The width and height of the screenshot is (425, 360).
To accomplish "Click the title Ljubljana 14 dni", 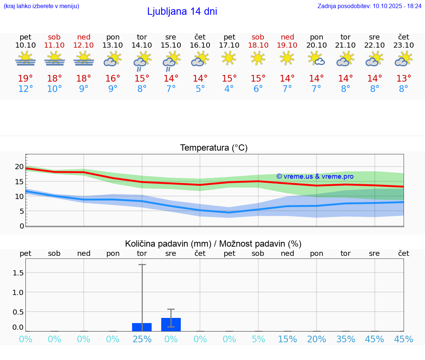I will [182, 11].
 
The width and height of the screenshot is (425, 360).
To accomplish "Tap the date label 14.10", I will [142, 45].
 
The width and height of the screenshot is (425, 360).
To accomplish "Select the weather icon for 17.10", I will [229, 58].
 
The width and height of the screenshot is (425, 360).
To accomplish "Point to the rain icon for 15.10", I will [171, 60].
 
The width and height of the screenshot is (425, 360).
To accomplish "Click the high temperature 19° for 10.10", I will [25, 79].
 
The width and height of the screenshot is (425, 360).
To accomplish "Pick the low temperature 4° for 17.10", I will [229, 89].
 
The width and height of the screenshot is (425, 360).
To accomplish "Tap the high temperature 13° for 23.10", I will [404, 79].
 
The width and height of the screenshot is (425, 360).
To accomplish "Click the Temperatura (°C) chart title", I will [214, 148].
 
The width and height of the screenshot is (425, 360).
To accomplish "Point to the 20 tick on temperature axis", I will [19, 167].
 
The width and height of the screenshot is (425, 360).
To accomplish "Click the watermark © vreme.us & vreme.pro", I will [315, 176].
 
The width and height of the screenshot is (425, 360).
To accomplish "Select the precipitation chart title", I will [213, 244].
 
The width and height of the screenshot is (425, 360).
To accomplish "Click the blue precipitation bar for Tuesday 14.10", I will [142, 327].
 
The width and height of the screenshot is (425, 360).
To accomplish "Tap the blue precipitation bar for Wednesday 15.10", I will [171, 325].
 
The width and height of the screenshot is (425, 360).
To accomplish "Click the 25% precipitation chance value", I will [142, 339].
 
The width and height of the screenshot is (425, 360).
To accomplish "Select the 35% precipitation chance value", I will [345, 339].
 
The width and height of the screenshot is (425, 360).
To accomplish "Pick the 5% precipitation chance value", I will [258, 339].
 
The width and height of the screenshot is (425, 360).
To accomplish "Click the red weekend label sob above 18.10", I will [258, 37].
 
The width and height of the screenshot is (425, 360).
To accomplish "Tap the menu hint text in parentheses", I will [41, 6].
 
